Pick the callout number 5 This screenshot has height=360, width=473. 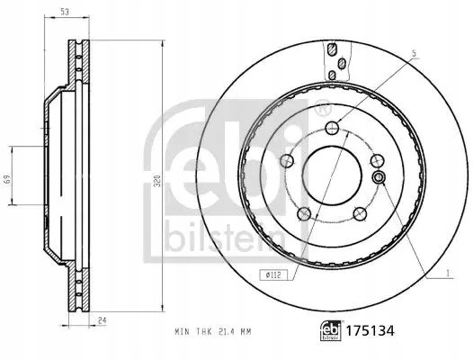pos(414,57)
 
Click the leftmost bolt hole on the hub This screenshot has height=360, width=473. pos(287,160)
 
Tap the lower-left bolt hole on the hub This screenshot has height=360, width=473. pos(304,212)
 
